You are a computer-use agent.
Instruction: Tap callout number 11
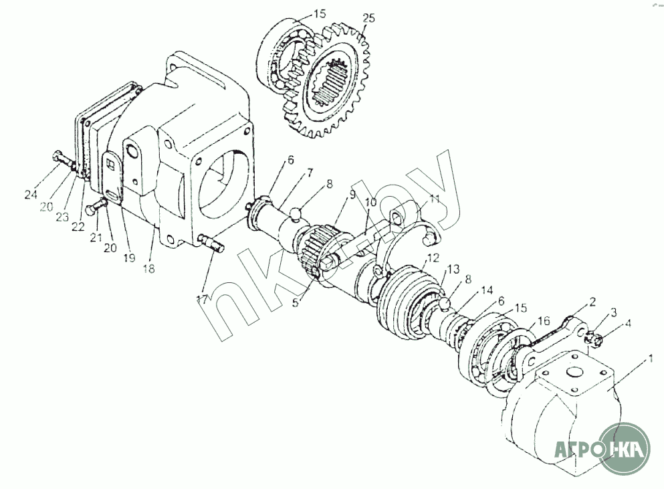pos(435,199)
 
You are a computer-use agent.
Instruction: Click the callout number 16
pos(545,320)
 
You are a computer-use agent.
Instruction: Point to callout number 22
pos(78,226)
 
